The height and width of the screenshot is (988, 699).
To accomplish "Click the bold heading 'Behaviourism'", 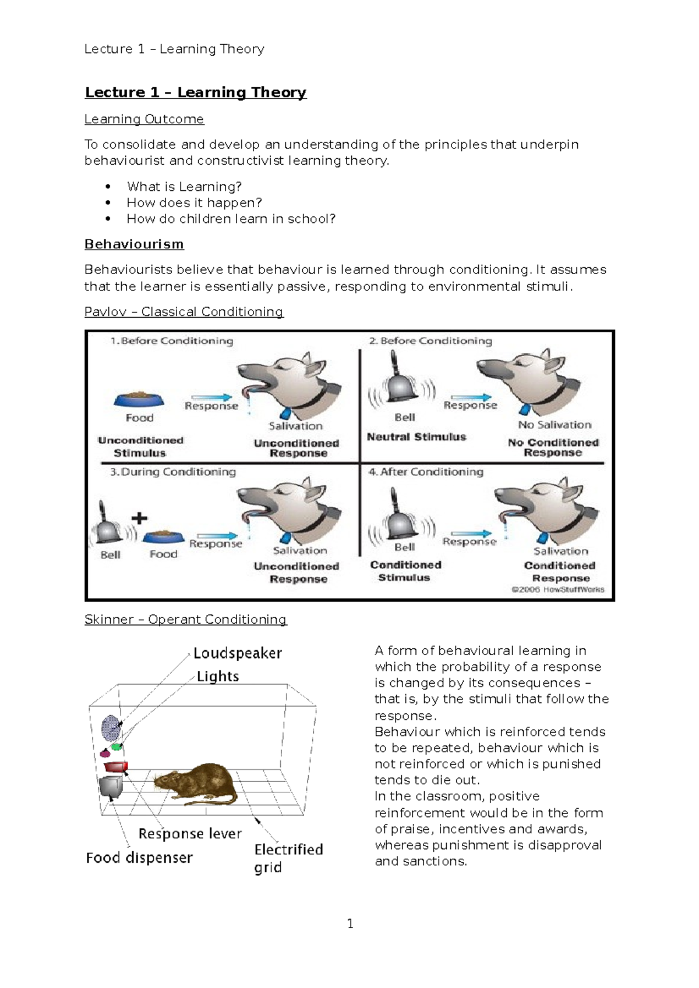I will (134, 244).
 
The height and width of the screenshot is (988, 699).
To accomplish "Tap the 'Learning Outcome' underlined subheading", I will (144, 119).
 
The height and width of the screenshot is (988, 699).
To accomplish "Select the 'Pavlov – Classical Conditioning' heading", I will (183, 312).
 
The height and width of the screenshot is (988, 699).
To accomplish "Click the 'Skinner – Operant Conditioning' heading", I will (185, 620).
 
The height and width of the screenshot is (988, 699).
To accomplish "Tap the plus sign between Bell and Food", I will (139, 518).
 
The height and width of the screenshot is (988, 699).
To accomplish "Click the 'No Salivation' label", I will (555, 425).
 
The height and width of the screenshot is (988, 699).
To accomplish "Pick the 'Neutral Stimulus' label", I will (416, 437).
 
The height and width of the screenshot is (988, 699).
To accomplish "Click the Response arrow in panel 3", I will (217, 536).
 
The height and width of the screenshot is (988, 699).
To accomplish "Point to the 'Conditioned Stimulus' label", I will (405, 571).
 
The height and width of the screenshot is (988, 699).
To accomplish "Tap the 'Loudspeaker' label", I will (238, 653).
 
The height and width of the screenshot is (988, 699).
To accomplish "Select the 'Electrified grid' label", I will (288, 858).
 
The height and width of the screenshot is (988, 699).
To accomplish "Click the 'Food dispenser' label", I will (139, 858).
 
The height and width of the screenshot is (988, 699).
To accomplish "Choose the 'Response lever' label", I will (190, 834).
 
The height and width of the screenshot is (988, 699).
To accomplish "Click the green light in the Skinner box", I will (117, 747).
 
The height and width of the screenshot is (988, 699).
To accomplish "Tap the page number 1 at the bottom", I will (350, 923).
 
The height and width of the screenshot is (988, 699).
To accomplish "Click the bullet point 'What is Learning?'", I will (184, 187).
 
